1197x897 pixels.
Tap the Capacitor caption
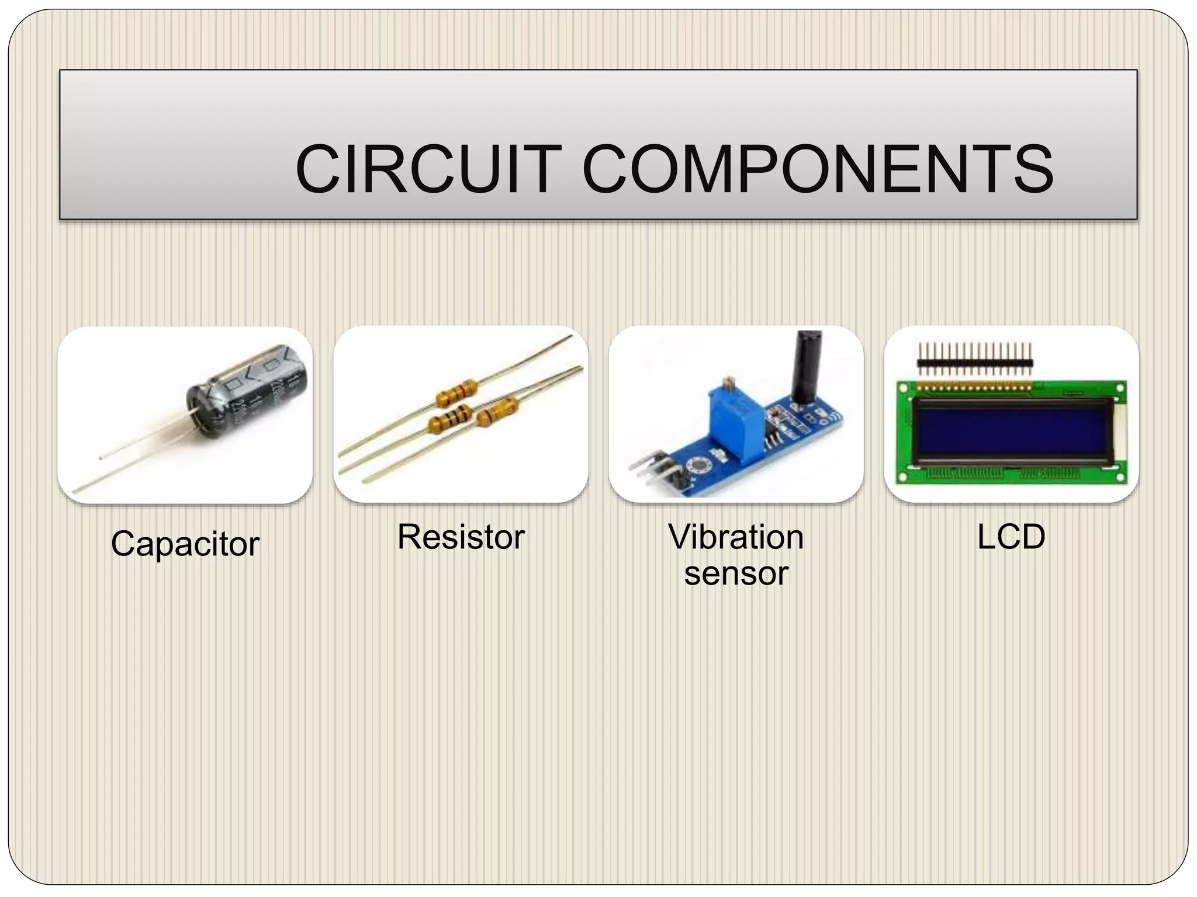[x=185, y=544]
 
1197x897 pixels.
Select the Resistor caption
[x=461, y=537]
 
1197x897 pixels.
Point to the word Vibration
[x=736, y=537]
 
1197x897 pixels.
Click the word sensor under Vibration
[x=736, y=573]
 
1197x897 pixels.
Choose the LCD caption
[x=1011, y=537]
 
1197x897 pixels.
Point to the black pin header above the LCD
[x=975, y=363]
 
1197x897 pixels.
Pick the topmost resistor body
[x=456, y=392]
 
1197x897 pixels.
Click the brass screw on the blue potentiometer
[x=728, y=383]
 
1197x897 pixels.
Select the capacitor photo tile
[x=185, y=415]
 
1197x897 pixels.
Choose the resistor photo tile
[x=461, y=415]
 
